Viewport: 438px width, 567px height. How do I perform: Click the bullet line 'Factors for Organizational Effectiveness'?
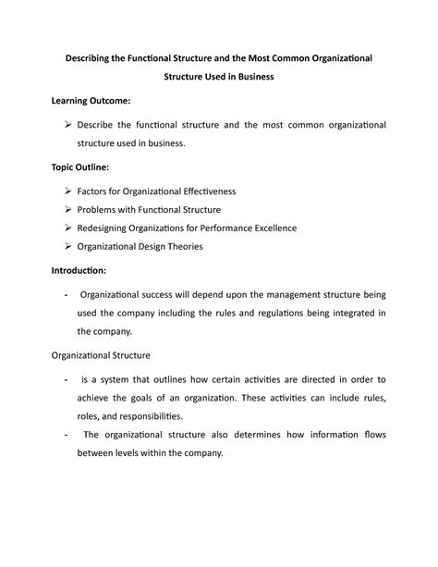tap(157, 191)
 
